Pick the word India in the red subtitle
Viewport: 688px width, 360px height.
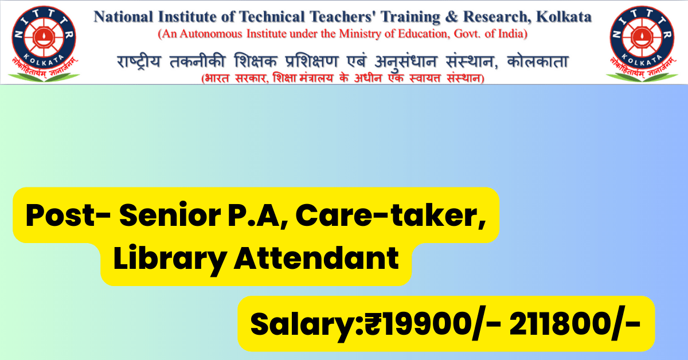(511, 34)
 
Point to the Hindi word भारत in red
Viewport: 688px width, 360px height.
(217, 78)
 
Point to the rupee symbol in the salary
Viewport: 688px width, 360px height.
(372, 325)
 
